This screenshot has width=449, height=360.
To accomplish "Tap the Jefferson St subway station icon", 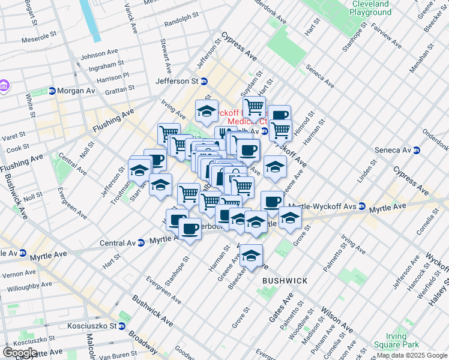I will [x=204, y=81].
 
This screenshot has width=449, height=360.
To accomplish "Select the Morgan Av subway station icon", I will [x=52, y=91].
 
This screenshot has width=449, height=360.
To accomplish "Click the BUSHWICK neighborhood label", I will [x=285, y=281].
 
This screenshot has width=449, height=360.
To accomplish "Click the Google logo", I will [x=20, y=353].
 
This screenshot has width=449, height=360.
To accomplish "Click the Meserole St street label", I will [x=38, y=41].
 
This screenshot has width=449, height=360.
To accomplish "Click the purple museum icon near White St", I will [x=4, y=86].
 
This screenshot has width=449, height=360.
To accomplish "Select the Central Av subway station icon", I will [x=140, y=243].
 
